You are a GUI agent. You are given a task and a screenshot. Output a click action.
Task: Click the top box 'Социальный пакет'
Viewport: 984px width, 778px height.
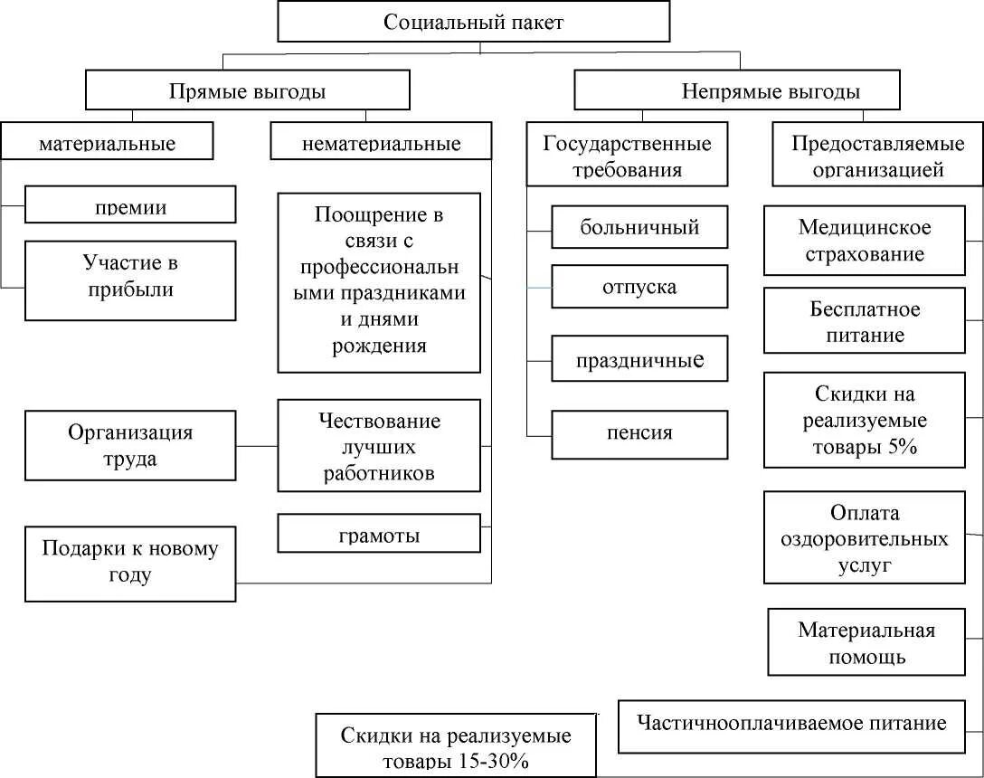pos(473,23)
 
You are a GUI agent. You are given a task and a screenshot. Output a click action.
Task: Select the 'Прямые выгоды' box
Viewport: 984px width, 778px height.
pos(247,91)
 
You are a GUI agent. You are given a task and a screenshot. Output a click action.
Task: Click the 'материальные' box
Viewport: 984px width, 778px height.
pos(107,143)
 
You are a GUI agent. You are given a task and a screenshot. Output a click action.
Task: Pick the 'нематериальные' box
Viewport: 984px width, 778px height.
pos(381,143)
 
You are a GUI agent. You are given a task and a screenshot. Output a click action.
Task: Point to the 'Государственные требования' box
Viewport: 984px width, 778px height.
pos(627,156)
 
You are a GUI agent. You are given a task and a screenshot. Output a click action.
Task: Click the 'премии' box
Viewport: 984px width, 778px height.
pos(130,205)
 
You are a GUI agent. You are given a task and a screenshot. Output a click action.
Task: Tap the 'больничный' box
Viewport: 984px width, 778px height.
pos(639,227)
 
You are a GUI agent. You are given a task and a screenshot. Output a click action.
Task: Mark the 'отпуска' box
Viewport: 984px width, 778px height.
pos(639,287)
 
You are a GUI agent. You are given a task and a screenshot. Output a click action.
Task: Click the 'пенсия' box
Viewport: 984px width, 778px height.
pos(639,432)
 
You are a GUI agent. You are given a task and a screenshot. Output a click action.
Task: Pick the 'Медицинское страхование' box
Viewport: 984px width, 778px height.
pos(866,241)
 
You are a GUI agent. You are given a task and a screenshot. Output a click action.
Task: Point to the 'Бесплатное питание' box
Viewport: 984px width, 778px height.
pos(866,321)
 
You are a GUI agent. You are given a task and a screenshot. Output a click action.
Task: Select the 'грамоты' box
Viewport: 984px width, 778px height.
pos(379,534)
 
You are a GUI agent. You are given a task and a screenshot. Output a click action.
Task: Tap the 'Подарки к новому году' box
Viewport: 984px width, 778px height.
pos(130,563)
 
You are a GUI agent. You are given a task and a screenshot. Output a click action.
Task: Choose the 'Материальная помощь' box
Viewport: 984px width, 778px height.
pos(866,642)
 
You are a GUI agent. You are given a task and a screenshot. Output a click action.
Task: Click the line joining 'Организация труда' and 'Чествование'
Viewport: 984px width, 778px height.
pos(257,446)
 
